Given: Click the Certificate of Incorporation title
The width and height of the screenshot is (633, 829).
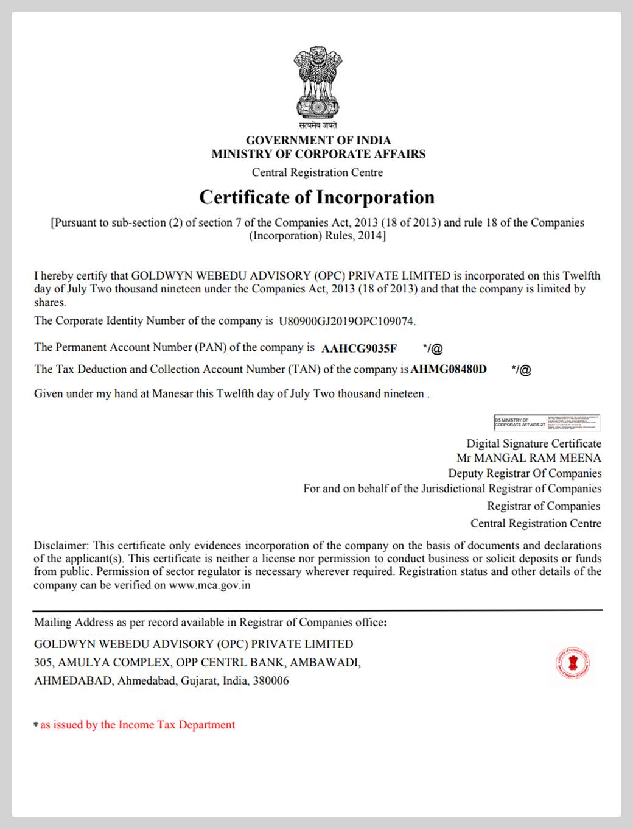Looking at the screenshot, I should (x=316, y=197).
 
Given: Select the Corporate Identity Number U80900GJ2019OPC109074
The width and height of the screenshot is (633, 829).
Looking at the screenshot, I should (x=346, y=321).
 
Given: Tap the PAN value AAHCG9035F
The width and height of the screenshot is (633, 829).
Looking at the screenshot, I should (x=359, y=348).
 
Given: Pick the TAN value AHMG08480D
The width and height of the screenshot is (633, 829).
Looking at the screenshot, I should (x=449, y=369).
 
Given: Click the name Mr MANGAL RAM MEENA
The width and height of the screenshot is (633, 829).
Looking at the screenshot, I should (x=528, y=458).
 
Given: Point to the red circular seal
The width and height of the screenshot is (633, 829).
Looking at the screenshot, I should (x=572, y=663).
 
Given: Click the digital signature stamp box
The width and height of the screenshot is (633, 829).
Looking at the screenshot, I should (x=547, y=422).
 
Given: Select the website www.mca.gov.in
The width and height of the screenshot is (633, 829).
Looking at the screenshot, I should (x=209, y=585).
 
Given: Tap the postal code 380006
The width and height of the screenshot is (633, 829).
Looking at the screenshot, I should (x=271, y=680).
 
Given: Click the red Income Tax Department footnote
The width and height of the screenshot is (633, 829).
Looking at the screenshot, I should (x=137, y=725).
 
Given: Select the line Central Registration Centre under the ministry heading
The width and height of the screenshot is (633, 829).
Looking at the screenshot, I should (x=317, y=172).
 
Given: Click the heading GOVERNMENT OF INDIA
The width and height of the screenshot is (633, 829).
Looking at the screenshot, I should (x=318, y=140).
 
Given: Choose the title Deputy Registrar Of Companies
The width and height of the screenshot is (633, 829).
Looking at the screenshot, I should (x=525, y=473).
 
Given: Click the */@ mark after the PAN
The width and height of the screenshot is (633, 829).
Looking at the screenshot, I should (x=432, y=348).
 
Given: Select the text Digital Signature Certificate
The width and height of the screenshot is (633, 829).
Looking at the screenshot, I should (x=534, y=443).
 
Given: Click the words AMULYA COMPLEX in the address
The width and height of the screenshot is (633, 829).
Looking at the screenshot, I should (x=114, y=662).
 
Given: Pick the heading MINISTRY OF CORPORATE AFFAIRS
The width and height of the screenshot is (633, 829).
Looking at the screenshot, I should (x=318, y=154).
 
